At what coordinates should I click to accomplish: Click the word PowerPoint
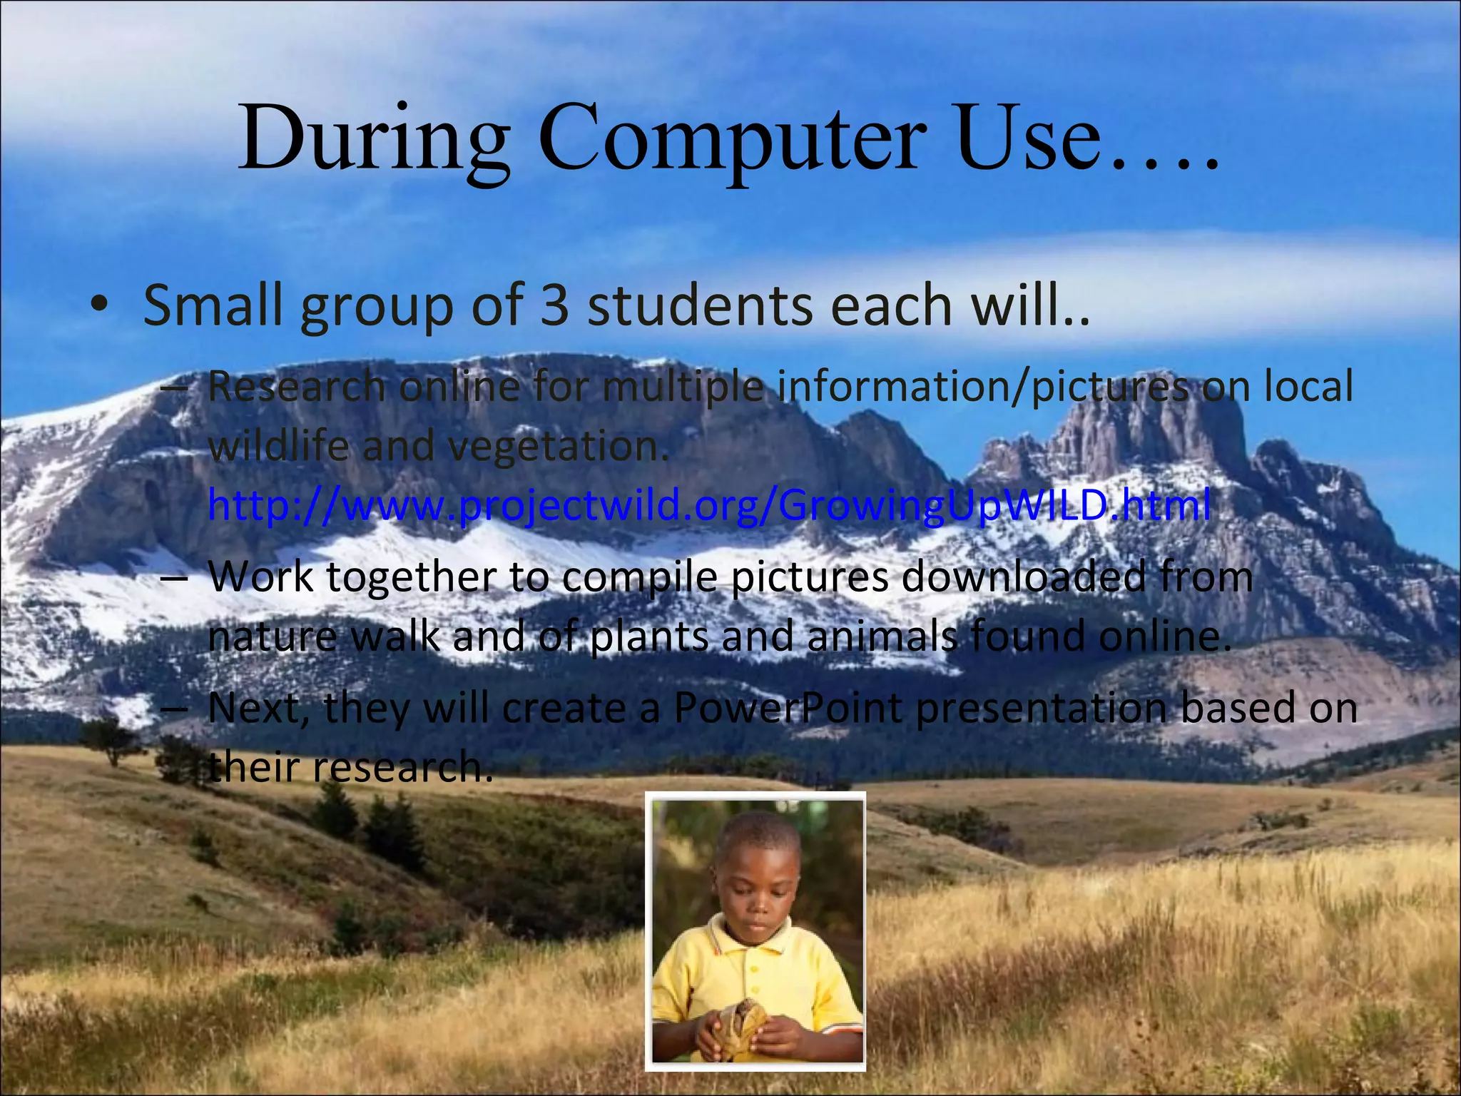coord(788,708)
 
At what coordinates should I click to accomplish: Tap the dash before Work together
coord(173,578)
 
